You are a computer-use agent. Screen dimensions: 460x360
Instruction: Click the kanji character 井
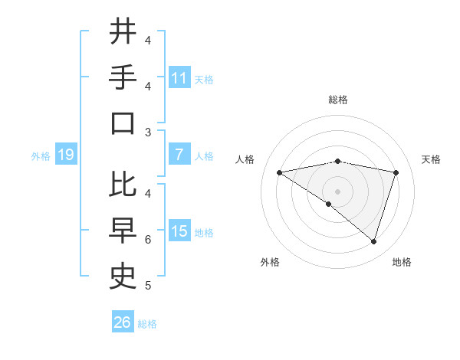click(123, 31)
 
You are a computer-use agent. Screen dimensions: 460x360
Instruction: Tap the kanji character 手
click(123, 77)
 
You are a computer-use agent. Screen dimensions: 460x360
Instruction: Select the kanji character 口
click(123, 123)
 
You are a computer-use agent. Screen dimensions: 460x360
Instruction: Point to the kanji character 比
click(123, 185)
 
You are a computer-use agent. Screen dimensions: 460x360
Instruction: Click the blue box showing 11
click(179, 78)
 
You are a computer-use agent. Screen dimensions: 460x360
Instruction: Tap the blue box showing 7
click(179, 155)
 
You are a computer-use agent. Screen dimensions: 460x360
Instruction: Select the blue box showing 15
click(179, 231)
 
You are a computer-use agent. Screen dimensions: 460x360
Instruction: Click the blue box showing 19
click(65, 155)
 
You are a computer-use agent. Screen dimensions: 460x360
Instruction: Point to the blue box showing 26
click(122, 322)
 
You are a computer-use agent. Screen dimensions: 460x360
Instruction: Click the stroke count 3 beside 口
click(148, 133)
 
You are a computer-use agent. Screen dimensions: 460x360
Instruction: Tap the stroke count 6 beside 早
click(148, 240)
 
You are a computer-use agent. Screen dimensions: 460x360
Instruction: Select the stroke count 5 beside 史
click(148, 286)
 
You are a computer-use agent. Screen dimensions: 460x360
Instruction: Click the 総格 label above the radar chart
click(337, 100)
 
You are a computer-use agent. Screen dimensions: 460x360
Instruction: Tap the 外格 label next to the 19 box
click(41, 156)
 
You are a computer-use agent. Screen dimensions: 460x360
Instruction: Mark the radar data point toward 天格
click(396, 172)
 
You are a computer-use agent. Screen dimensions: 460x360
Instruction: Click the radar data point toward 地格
click(373, 241)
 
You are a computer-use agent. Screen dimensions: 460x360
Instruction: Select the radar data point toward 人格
click(279, 172)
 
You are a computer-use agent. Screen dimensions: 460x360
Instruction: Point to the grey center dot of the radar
click(337, 191)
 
